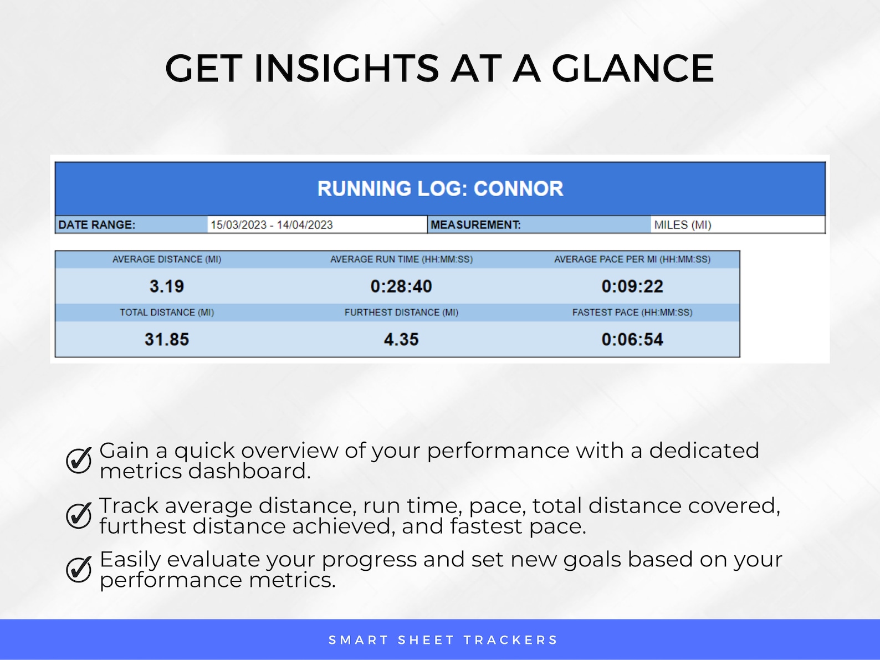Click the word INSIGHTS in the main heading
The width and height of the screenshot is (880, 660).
pos(346,68)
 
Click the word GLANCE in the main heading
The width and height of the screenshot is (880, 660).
pos(632,68)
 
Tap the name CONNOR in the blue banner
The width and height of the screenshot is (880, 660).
pos(518,189)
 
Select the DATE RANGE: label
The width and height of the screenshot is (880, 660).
pos(97,225)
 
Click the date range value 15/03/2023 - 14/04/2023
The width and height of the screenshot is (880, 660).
pos(272,225)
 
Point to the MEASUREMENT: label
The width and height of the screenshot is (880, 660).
pos(475,225)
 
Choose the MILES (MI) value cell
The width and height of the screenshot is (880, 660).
pos(683,225)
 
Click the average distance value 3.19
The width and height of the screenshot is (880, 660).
pos(167,286)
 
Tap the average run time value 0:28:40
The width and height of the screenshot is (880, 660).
pos(401,286)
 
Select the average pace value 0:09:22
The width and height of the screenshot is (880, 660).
pos(632,286)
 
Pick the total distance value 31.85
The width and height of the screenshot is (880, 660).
pos(167,340)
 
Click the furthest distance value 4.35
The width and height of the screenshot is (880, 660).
pos(401,340)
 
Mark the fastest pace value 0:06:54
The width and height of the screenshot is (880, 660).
pos(632,340)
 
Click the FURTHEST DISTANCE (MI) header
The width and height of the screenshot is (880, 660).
pos(401,313)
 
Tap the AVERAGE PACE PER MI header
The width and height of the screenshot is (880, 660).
pos(632,259)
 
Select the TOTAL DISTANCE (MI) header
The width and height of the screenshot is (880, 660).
pos(167,313)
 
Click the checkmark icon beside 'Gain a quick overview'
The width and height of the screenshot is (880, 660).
pos(79,461)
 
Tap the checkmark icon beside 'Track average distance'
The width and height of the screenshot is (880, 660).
pos(79,515)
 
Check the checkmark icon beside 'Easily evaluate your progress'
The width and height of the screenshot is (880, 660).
pos(79,569)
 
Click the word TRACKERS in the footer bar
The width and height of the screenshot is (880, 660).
pos(510,640)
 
